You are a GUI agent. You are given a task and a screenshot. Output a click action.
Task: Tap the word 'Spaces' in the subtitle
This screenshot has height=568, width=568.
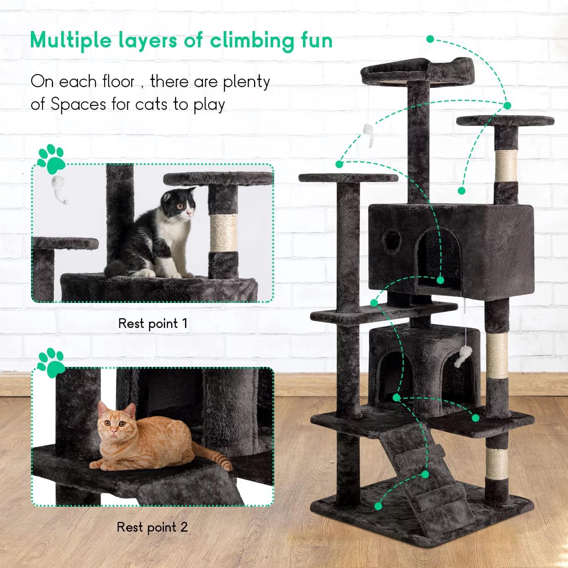tap(78, 105)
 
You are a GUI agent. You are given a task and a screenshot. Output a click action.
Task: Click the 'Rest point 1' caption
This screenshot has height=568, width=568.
tap(153, 324)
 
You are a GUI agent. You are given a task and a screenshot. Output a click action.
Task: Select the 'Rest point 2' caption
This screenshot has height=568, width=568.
tap(152, 527)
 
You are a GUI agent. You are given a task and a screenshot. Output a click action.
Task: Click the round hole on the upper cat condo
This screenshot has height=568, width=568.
tap(392, 239)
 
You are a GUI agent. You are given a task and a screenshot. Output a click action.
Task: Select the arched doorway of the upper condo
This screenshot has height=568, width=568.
tap(439, 257)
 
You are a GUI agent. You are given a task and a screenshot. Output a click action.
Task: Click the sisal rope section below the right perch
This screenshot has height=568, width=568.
tap(506, 165)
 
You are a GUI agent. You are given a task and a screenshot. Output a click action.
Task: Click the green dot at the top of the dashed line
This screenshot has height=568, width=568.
tap(430, 39)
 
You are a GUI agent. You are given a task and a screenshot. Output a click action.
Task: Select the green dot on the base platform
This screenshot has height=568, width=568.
tap(378, 506)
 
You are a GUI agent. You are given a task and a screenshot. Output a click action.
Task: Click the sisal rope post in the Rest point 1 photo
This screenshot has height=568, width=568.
tap(223, 233)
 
